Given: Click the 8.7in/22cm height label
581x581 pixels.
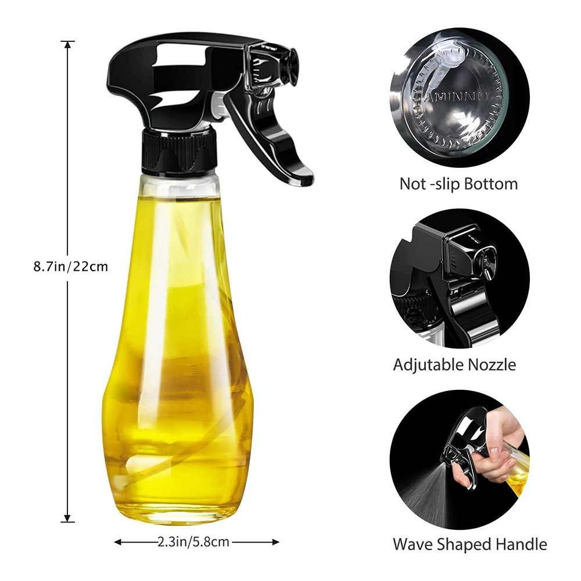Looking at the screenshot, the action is [71, 267].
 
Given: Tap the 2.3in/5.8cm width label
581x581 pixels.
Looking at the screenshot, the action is [193, 542].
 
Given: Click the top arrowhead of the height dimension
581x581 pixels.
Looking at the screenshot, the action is [67, 45].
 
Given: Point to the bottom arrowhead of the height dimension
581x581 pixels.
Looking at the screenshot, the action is [67, 518].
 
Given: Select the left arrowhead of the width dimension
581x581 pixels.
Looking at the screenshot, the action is [118, 543].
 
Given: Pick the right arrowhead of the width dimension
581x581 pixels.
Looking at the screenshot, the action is [275, 543].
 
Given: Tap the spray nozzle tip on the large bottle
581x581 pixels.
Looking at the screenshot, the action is [289, 68].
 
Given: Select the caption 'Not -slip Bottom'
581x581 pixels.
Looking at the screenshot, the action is [458, 184].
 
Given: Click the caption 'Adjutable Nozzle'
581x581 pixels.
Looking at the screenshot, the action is [454, 365].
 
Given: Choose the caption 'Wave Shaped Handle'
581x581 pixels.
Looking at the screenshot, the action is [470, 544].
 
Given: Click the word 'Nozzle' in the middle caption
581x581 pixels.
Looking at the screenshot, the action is [492, 365].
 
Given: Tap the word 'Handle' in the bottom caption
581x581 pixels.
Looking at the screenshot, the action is [521, 544].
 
